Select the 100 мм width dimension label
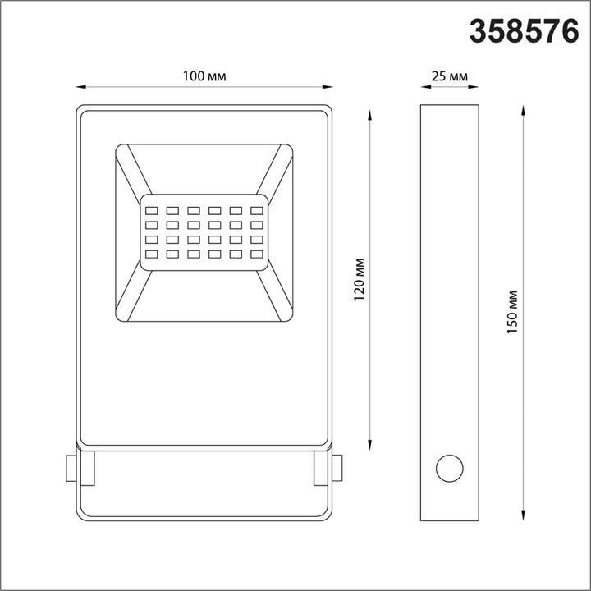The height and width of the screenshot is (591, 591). pyautogui.click(x=204, y=76)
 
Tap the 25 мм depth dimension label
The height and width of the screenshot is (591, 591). pyautogui.click(x=449, y=76)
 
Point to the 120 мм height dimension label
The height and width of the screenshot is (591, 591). pyautogui.click(x=359, y=278)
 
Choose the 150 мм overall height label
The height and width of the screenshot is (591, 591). pyautogui.click(x=513, y=311)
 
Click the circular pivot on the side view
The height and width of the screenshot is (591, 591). pyautogui.click(x=449, y=470)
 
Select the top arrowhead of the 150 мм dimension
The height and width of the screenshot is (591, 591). pyautogui.click(x=524, y=108)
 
